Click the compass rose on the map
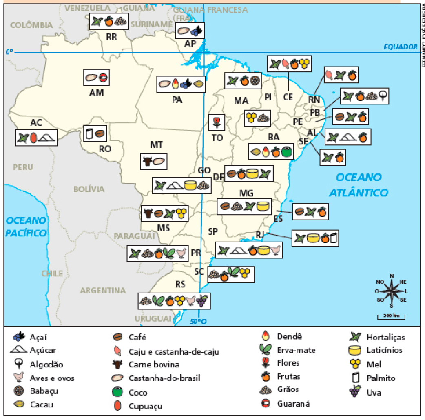point(392,291)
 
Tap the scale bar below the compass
point(391,316)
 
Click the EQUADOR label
point(400,47)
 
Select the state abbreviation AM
point(96,93)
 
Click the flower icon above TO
point(217,121)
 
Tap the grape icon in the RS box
point(201,301)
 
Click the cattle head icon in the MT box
point(147,161)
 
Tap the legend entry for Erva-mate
point(288,350)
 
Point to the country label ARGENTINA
point(102,291)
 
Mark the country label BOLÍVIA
point(89,189)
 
